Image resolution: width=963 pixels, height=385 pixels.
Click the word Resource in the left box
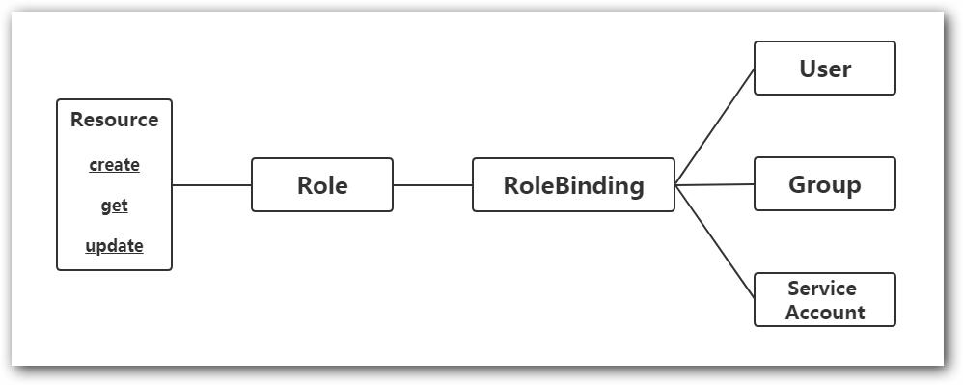[114, 121]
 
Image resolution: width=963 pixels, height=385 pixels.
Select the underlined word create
[114, 165]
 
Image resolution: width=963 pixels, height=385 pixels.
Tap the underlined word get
[114, 206]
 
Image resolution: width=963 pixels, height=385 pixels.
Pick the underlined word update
[114, 246]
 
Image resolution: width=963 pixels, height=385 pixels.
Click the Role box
[322, 184]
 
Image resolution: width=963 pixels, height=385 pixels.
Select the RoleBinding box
[573, 184]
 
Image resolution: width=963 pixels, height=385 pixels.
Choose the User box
[824, 69]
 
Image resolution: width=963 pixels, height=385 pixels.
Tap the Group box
[824, 184]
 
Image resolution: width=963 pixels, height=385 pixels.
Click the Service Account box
[824, 300]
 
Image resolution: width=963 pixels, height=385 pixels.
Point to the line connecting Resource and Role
[211, 184]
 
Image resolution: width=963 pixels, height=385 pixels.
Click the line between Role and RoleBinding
[432, 184]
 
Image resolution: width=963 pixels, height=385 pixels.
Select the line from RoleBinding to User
[715, 125]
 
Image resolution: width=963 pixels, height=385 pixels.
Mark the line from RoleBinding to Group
[715, 184]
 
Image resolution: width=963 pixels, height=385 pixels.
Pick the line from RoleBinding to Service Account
[715, 242]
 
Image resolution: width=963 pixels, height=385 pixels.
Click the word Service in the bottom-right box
[822, 289]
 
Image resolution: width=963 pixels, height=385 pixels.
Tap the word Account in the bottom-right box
[825, 313]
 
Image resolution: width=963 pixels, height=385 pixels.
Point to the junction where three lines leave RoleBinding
[675, 184]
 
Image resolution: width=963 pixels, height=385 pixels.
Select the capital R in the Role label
[305, 185]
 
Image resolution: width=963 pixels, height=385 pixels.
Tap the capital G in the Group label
[797, 185]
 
